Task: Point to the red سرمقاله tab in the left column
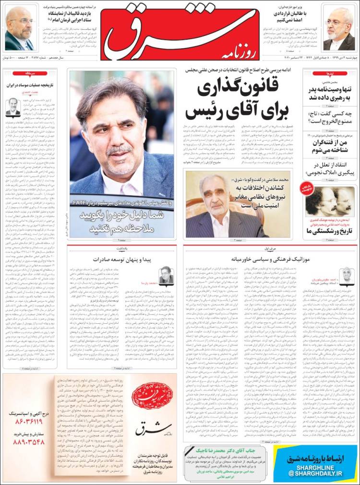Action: coord(22,73)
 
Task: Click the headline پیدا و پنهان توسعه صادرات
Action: coord(122,260)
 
